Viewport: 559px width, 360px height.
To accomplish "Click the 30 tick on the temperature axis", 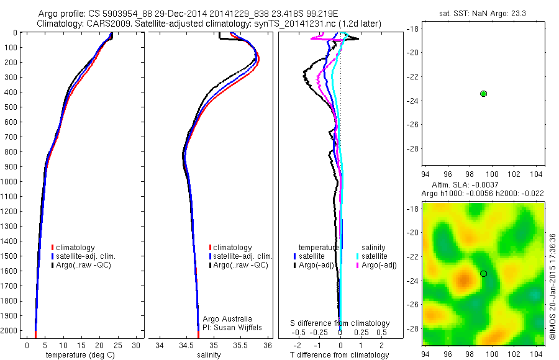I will pos(137,345).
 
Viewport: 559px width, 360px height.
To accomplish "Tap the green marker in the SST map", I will pos(483,93).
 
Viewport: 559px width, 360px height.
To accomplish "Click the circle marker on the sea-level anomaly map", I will pos(483,274).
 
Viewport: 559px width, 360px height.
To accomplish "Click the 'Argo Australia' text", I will pos(227,318).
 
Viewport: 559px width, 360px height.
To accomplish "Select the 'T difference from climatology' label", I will pos(340,355).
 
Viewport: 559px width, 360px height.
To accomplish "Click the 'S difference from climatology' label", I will pos(340,323).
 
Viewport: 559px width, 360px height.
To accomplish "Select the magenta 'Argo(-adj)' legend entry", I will pos(379,266).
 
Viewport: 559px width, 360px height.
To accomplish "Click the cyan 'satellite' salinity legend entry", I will pos(373,256).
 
